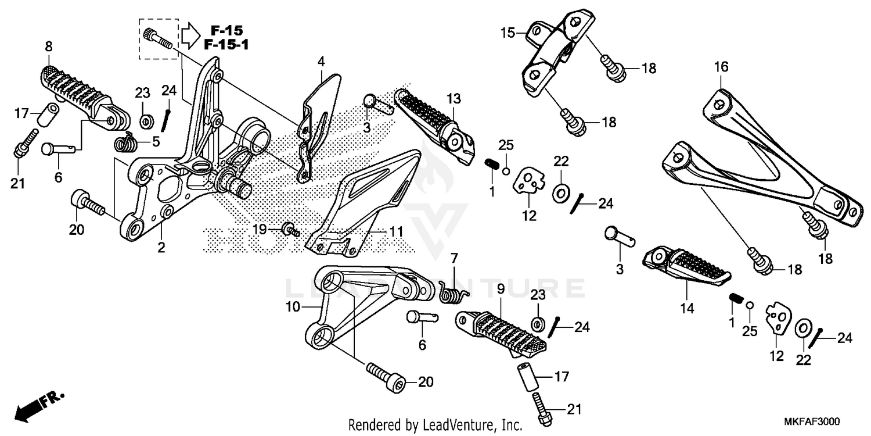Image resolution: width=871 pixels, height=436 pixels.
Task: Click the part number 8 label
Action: (x=48, y=45)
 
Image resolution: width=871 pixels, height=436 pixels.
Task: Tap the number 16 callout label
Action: (x=721, y=67)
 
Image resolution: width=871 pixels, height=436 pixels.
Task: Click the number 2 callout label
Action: (x=161, y=248)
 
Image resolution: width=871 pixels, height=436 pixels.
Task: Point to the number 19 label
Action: (x=260, y=230)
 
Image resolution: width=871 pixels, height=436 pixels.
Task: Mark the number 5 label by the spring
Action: (x=155, y=141)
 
